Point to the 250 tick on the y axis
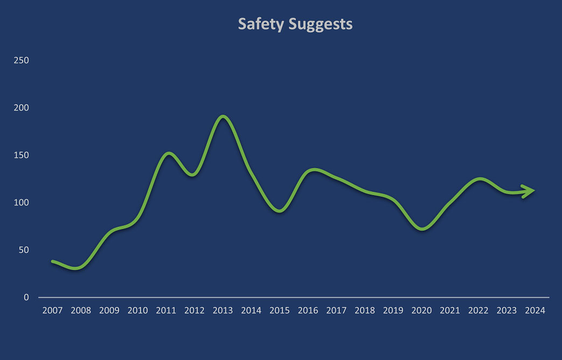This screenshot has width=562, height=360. tap(22, 60)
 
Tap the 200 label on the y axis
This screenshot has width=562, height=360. tap(22, 107)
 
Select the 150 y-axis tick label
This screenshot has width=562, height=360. tap(22, 155)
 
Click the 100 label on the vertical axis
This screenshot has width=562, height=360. tap(22, 203)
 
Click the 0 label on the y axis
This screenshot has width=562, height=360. tap(26, 297)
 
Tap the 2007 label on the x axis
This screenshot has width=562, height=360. tap(52, 310)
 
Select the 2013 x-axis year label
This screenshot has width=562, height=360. tap(223, 310)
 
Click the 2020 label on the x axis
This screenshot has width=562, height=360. tap(421, 310)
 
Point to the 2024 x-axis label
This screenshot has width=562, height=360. tap(535, 310)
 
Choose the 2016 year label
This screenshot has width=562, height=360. tap(308, 310)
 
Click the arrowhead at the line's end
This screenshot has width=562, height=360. tap(530, 191)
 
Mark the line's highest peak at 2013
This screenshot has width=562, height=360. tap(223, 116)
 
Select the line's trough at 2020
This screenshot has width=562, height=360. tap(422, 229)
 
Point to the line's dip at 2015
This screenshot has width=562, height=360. tap(280, 211)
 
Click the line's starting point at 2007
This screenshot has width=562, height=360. tap(53, 261)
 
